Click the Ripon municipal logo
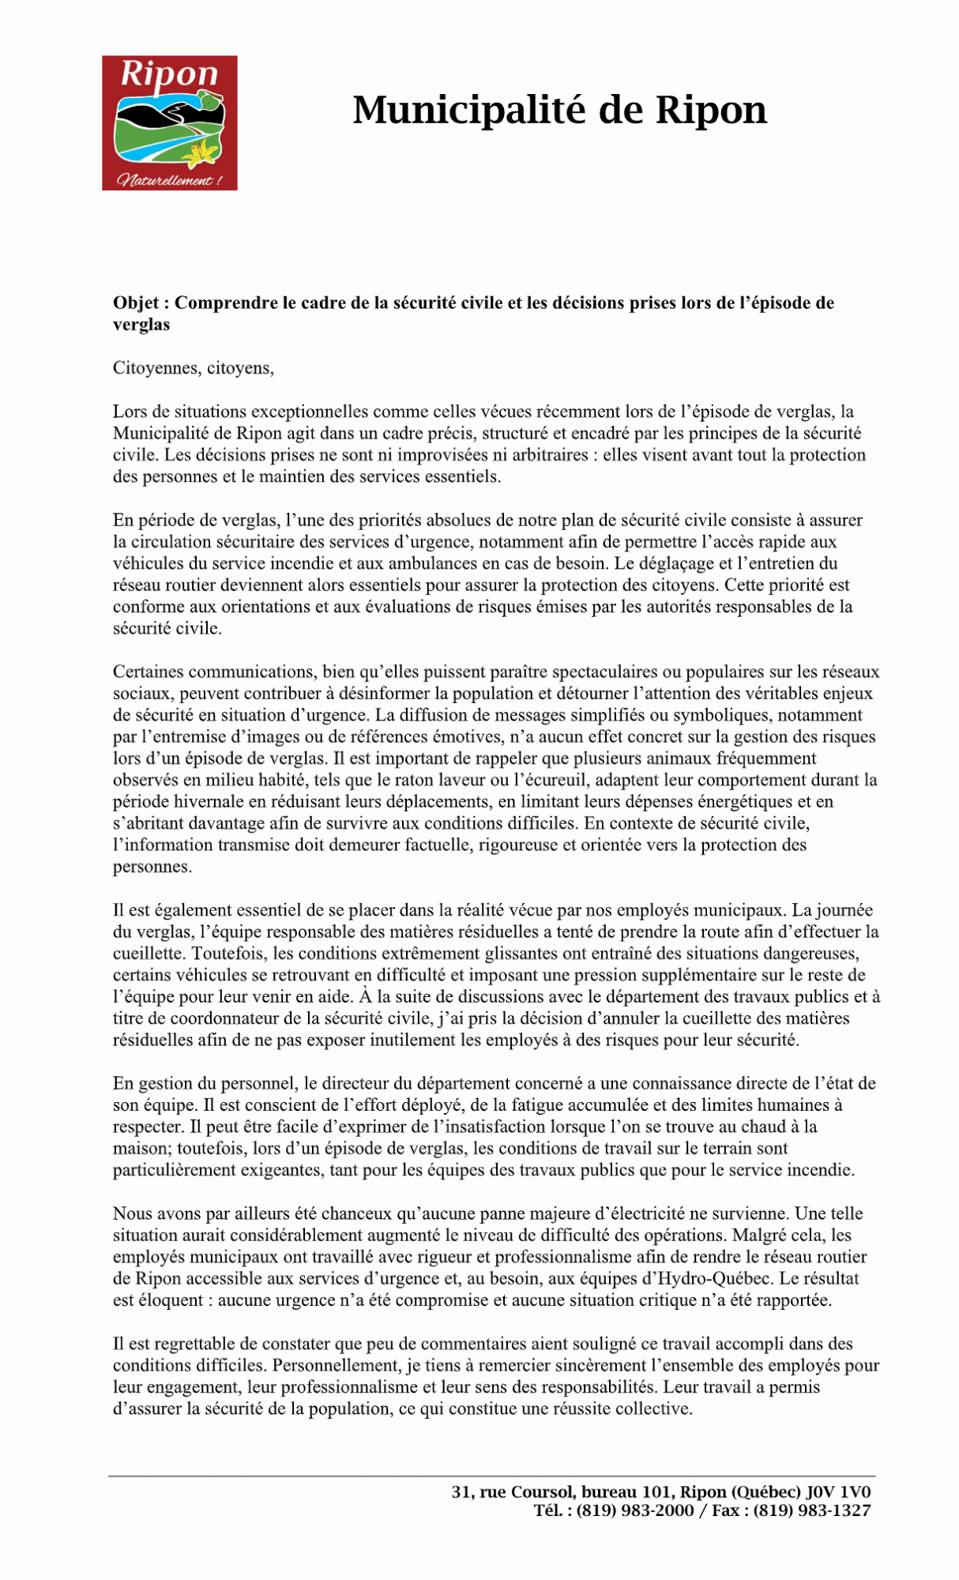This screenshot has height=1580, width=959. (169, 122)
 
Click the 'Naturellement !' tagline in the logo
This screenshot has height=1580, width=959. (169, 180)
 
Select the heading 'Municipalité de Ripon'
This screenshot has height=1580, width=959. (559, 110)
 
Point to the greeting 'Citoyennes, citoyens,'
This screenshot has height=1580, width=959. (194, 368)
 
